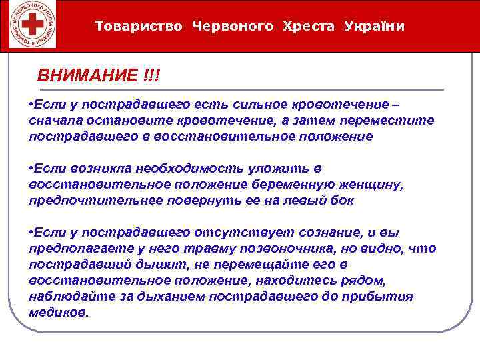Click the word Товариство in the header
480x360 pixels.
[x=139, y=26]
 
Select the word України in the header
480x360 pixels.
[x=375, y=26]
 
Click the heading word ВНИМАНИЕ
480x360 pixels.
[x=86, y=75]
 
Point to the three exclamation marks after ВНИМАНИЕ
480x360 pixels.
[x=151, y=75]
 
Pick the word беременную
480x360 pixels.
[x=303, y=184]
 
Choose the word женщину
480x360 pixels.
[x=379, y=184]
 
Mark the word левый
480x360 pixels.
[x=300, y=199]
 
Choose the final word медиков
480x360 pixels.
[x=58, y=311]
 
